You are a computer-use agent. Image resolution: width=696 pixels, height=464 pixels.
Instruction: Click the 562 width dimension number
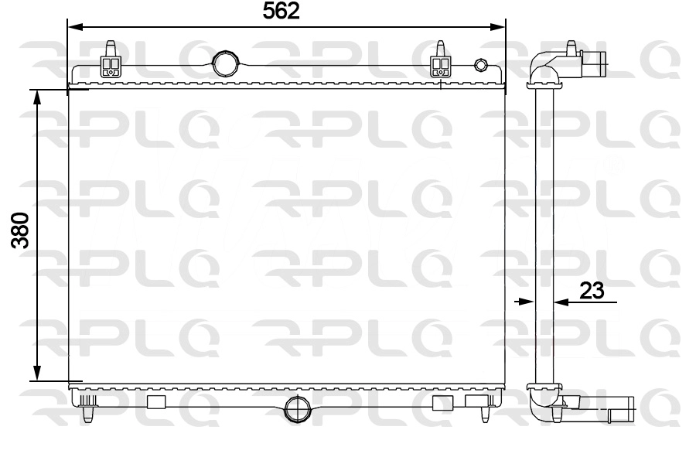pos(281,12)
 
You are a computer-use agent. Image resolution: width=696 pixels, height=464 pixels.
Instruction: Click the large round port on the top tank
pos(225,62)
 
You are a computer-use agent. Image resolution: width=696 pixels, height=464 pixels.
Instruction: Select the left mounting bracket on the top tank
pos(111,62)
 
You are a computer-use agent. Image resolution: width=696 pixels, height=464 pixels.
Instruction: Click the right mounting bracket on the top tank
pos(441,62)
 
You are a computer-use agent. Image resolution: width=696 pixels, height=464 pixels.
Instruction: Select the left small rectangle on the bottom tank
pos(156,401)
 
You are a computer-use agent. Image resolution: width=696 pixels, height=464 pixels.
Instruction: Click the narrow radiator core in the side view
pos(545,232)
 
